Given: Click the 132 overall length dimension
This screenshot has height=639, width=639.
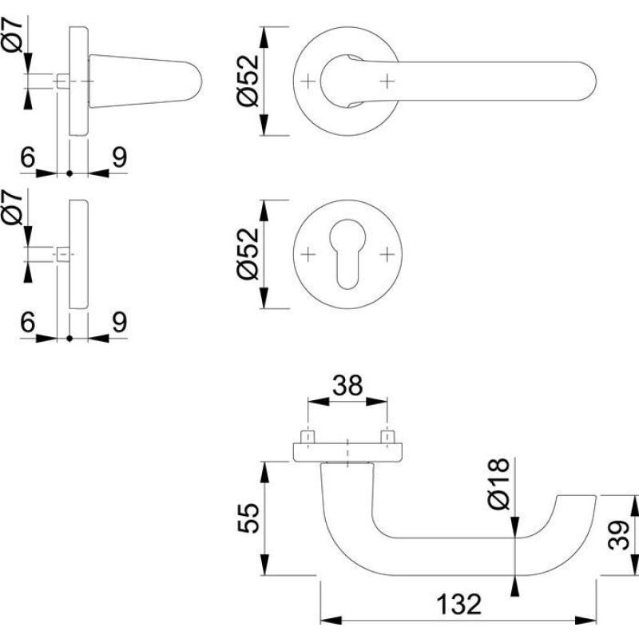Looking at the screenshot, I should point(459,605).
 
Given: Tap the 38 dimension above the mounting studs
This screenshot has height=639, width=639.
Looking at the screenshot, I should point(347,387).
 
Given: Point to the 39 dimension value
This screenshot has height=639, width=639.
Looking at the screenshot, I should point(620,531).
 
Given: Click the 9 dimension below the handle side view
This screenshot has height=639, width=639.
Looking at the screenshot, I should point(119,157).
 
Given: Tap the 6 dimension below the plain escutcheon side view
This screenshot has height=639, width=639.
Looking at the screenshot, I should point(27,322).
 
